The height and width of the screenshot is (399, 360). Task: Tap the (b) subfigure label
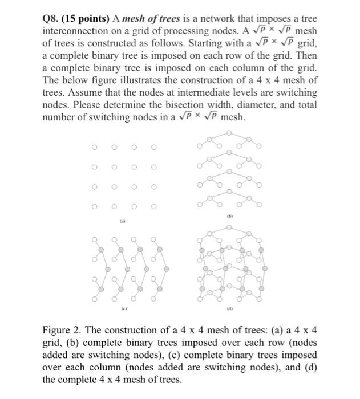click(230, 216)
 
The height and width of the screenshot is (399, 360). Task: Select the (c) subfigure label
click(123, 308)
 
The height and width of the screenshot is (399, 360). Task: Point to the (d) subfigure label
click(230, 308)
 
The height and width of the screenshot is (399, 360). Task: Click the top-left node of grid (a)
click(94, 148)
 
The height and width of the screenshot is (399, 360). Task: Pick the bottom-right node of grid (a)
click(153, 207)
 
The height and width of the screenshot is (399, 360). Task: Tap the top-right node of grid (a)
click(153, 148)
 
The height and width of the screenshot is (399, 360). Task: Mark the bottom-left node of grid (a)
click(94, 207)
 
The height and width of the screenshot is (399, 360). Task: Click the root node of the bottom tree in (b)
click(229, 192)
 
